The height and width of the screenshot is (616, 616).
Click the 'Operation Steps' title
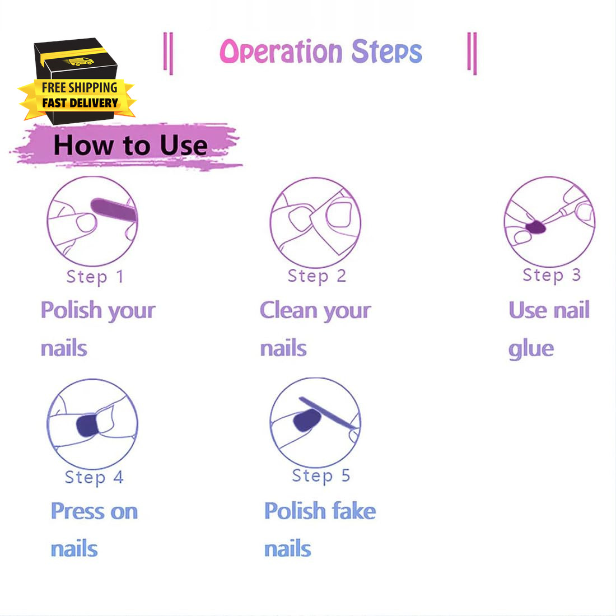click(x=320, y=52)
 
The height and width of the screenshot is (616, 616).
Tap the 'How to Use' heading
click(x=130, y=145)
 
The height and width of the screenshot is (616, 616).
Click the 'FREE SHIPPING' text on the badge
click(x=80, y=87)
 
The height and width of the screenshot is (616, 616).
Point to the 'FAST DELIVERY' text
click(x=80, y=103)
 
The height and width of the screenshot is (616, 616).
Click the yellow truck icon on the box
click(x=80, y=62)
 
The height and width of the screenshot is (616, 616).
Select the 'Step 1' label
click(x=95, y=277)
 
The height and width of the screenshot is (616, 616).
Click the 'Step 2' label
click(x=316, y=276)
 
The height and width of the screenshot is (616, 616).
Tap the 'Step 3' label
click(x=552, y=276)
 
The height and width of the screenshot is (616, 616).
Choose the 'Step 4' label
click(x=94, y=478)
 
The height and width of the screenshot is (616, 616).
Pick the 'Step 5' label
click(x=321, y=476)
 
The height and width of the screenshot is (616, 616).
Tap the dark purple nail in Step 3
click(x=536, y=227)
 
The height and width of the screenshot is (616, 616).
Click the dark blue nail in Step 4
click(x=87, y=426)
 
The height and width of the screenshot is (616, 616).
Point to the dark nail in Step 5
click(x=306, y=420)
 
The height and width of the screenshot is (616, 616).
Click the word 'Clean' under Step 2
click(x=289, y=310)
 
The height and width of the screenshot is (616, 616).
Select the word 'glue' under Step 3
click(x=531, y=349)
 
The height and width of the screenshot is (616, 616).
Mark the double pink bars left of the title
click(x=168, y=53)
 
